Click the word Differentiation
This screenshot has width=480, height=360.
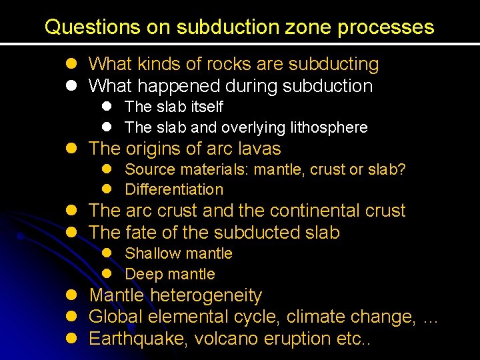tap(174, 190)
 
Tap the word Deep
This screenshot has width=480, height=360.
tap(141, 274)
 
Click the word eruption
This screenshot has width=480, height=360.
tap(301, 338)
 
